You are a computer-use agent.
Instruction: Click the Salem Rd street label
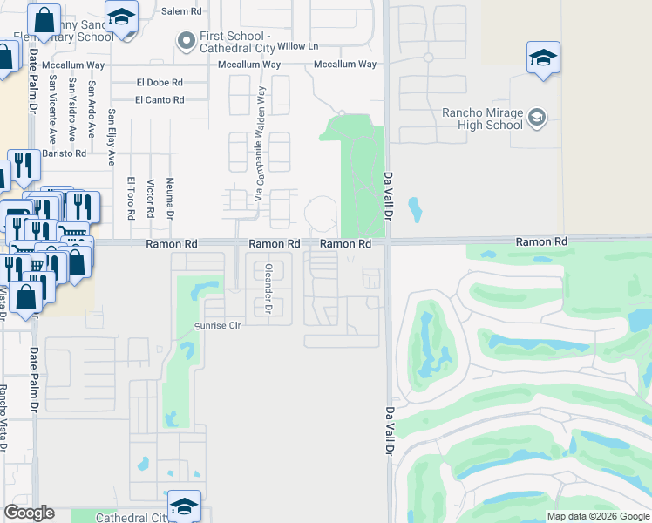(181, 11)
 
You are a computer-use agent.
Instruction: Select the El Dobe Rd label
(160, 82)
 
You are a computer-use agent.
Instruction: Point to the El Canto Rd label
(160, 100)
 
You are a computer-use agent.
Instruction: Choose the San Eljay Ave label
(112, 138)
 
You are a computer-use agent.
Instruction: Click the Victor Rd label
(150, 199)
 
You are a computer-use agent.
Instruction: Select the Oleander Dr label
(268, 288)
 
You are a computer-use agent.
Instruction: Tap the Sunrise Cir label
(215, 325)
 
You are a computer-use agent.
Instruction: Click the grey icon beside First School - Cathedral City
(185, 41)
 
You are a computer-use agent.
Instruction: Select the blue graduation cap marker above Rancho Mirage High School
(543, 59)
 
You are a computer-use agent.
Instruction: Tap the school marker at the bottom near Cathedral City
(185, 506)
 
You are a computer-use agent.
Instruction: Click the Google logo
(29, 513)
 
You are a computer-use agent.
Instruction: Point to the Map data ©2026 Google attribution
(597, 516)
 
